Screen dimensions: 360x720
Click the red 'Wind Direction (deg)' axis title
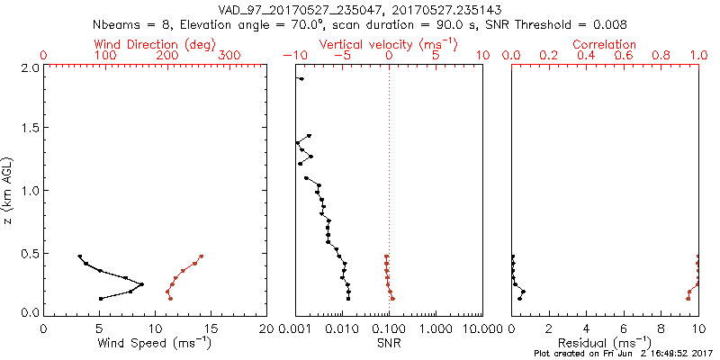click(x=155, y=44)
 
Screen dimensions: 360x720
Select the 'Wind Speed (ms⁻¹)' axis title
click(x=155, y=343)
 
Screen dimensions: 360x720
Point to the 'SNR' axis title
click(x=389, y=343)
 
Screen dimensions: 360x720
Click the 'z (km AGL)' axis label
click(x=9, y=190)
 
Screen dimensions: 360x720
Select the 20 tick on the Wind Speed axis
click(x=266, y=329)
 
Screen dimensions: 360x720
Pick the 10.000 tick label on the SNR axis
click(x=482, y=329)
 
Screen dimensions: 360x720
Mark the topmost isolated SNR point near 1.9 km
click(x=301, y=79)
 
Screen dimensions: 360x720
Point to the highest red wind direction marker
click(x=202, y=256)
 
